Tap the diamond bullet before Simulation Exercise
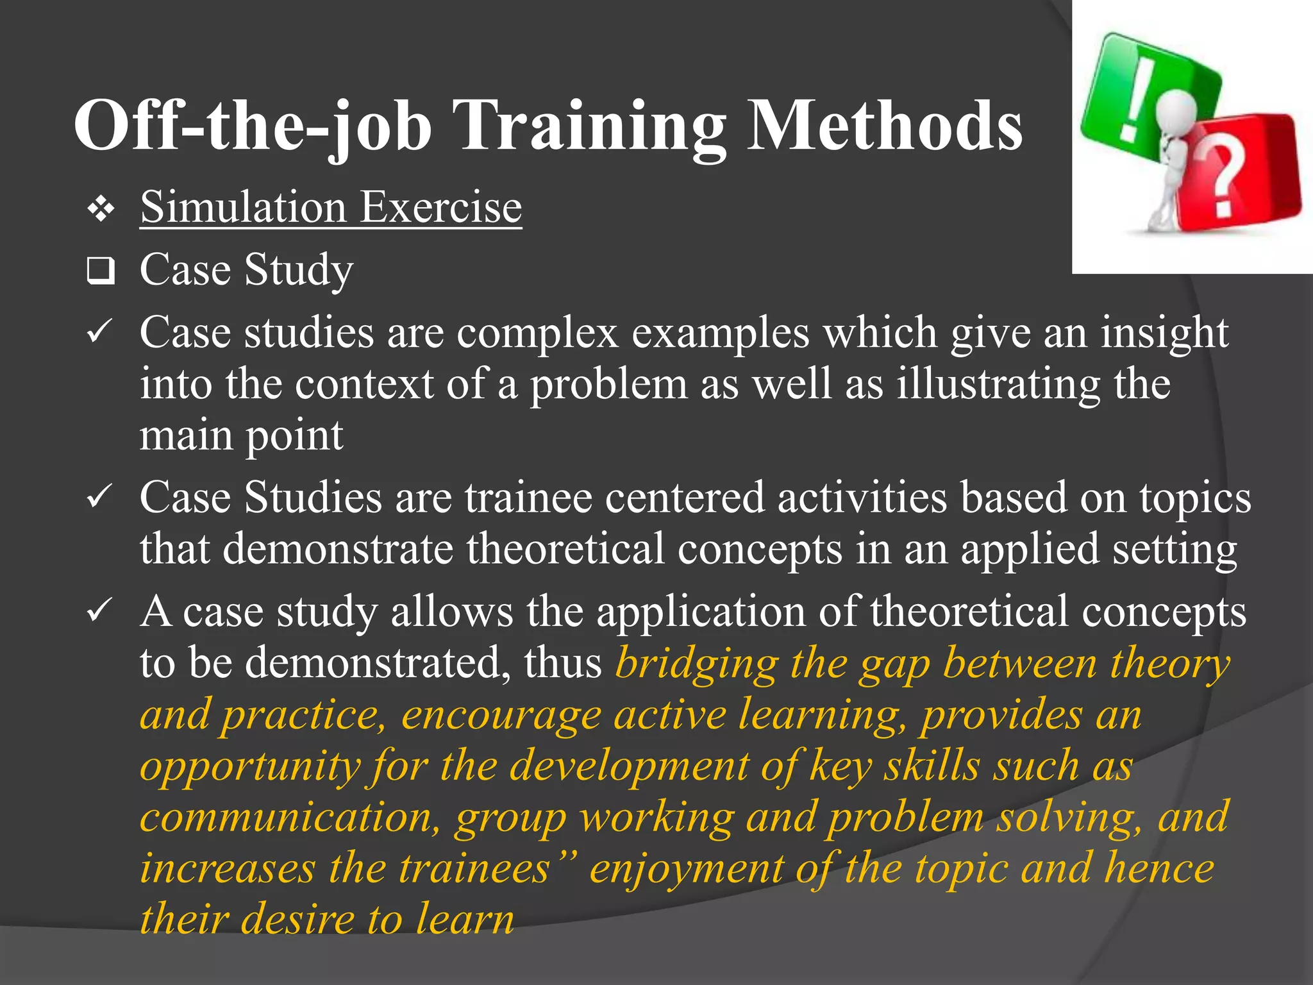pyautogui.click(x=101, y=210)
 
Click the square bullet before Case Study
pyautogui.click(x=101, y=271)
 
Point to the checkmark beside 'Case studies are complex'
pyautogui.click(x=99, y=332)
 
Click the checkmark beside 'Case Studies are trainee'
pyautogui.click(x=99, y=497)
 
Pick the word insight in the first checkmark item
pyautogui.click(x=1164, y=333)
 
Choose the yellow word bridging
pyautogui.click(x=696, y=663)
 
